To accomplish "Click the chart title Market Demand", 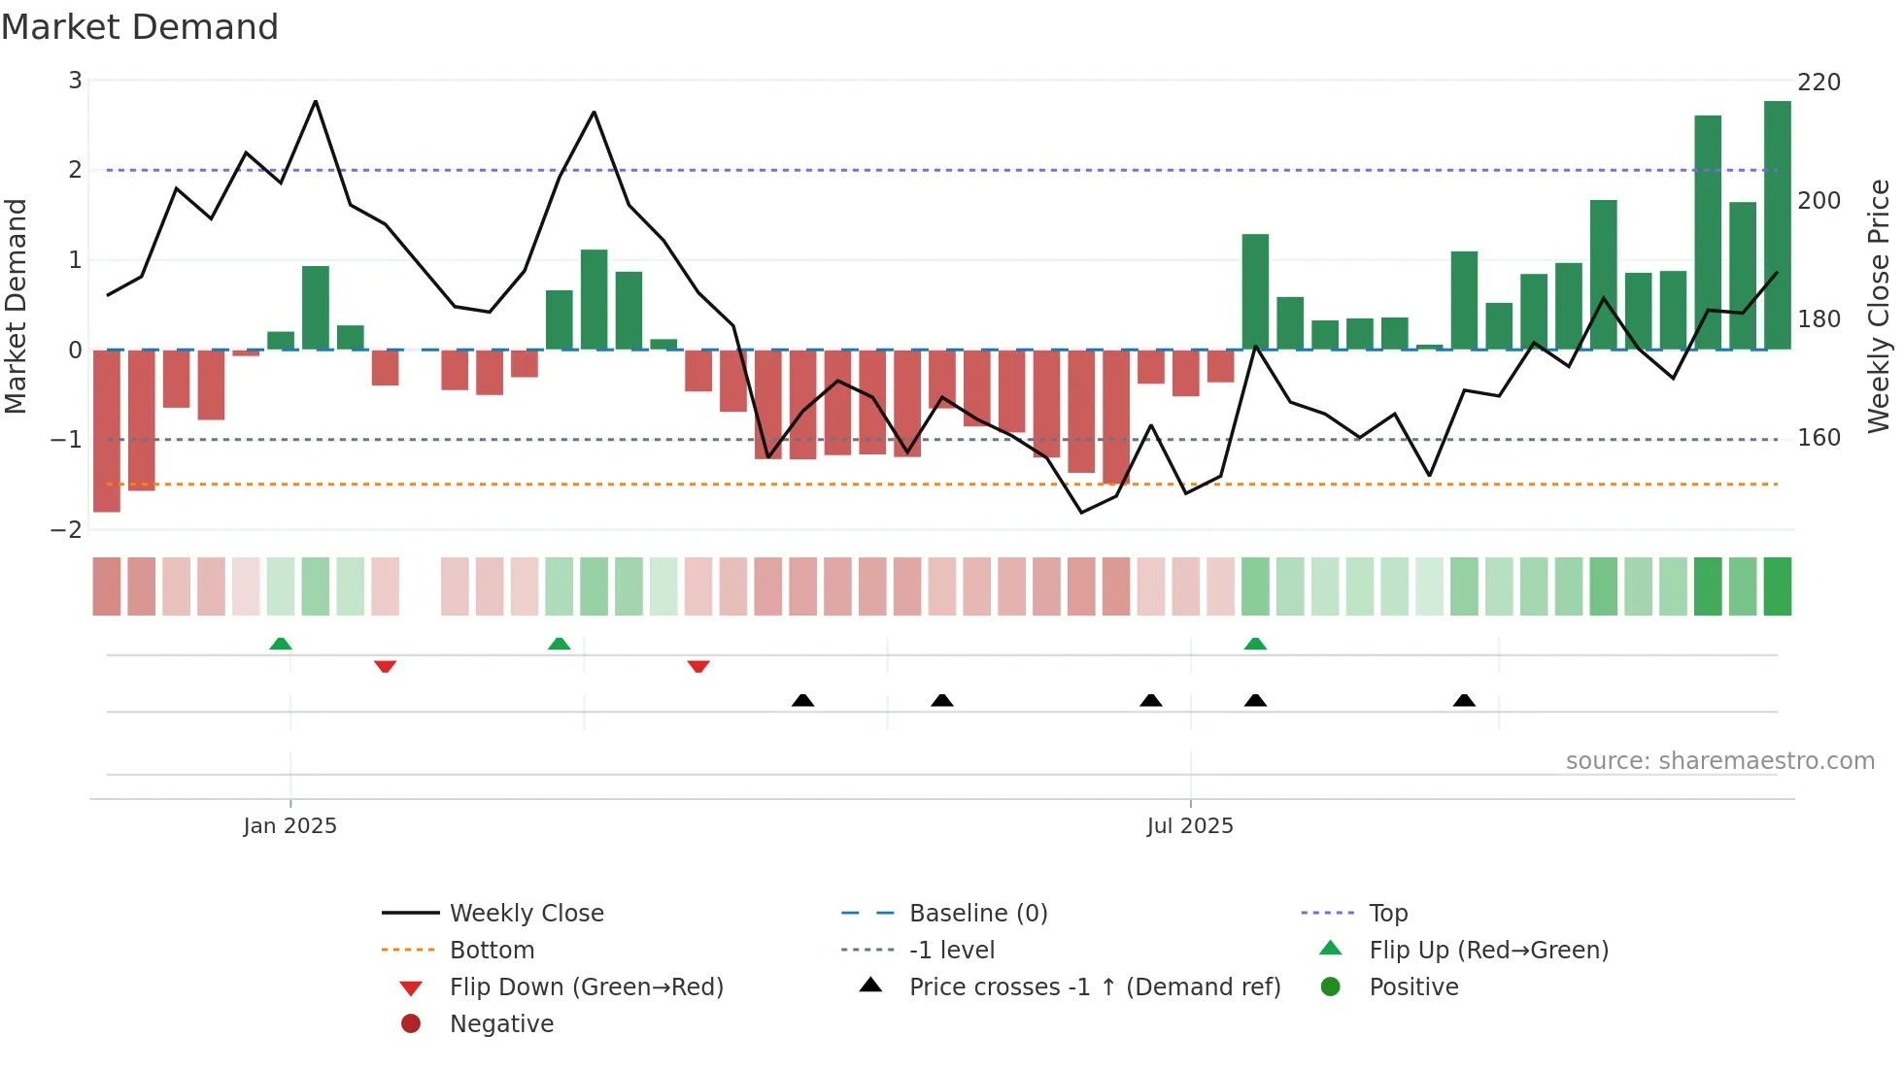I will (x=140, y=27).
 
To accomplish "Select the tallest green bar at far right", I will (x=1777, y=225).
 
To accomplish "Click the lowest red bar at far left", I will (x=107, y=430).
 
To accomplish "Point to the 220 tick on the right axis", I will (x=1819, y=83).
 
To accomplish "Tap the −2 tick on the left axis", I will (x=67, y=530).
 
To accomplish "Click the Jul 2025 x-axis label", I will (x=1190, y=826).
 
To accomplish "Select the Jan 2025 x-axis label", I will (x=289, y=826).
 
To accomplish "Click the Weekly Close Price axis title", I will (x=1879, y=306).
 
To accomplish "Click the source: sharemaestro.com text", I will (x=1719, y=761).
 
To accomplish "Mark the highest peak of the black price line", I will (x=316, y=101).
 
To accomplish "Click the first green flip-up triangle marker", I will (x=281, y=644).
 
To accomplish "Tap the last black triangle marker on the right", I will (x=1464, y=700).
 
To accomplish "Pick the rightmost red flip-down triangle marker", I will (x=698, y=667).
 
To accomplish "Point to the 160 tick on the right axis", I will (x=1819, y=438).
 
